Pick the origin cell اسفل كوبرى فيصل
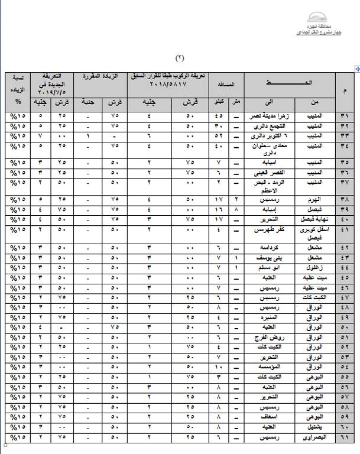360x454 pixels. [313, 231]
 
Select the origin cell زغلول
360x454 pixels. [313, 268]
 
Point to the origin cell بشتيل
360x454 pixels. [313, 427]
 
